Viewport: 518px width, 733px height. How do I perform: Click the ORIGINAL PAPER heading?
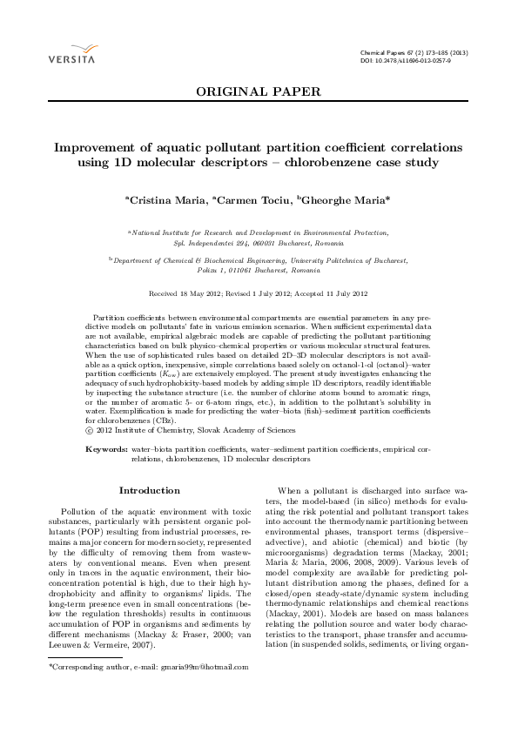[x=259, y=91]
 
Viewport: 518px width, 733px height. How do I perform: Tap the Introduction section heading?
[x=149, y=490]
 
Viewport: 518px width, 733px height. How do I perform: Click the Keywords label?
[x=106, y=447]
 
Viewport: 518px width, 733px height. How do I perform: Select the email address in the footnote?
[x=186, y=667]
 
